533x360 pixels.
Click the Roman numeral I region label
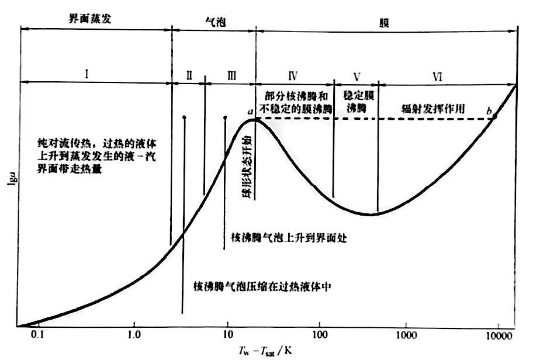[86, 74]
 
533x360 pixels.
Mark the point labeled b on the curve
[494, 117]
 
